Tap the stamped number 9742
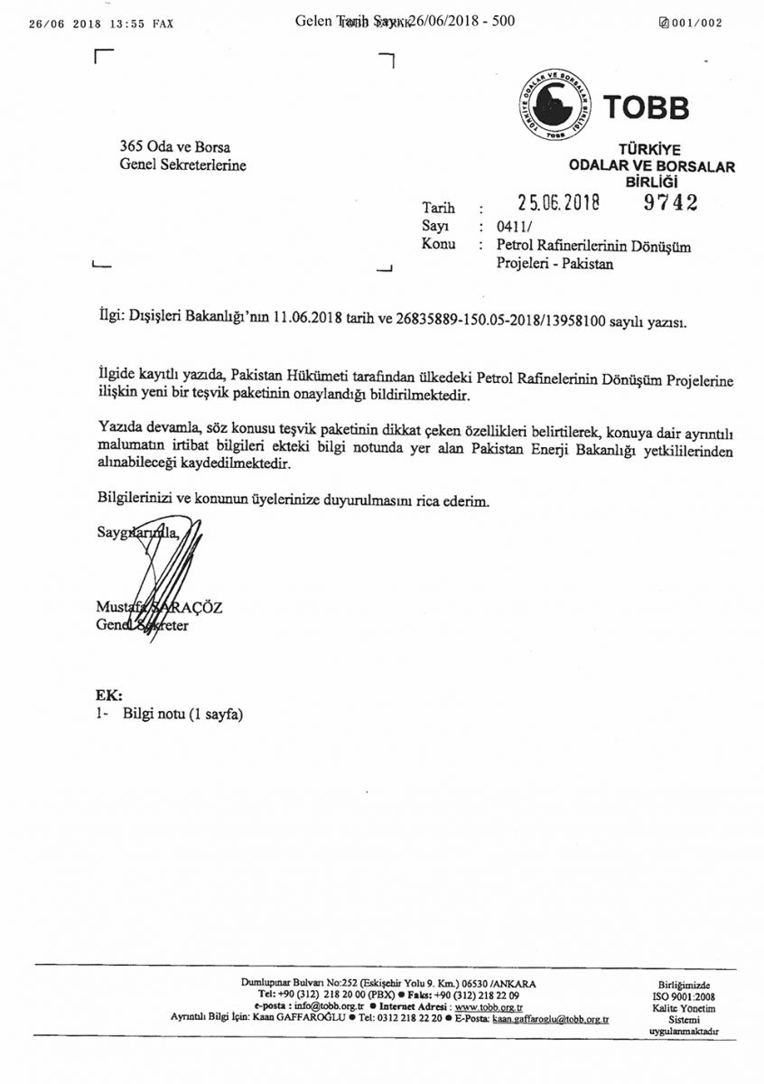[670, 203]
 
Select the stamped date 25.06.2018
[559, 204]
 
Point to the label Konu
[439, 245]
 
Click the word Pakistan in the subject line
[584, 265]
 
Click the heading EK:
[108, 696]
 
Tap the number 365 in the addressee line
[131, 147]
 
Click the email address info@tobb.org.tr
[330, 1005]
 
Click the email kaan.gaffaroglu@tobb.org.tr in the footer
[550, 1017]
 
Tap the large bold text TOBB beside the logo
[646, 107]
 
